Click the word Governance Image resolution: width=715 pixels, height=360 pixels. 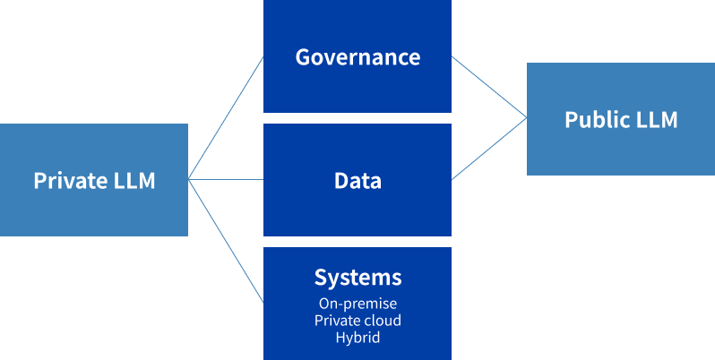[357, 57]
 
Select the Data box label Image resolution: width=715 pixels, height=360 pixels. [357, 181]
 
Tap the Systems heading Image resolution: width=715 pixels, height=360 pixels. [357, 277]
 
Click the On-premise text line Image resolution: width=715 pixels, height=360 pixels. [357, 304]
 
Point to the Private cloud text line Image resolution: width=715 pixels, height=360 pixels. [357, 321]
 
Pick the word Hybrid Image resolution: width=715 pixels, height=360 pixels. [357, 338]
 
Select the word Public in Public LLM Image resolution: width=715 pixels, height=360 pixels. [591, 119]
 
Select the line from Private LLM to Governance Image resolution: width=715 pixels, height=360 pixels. [226, 118]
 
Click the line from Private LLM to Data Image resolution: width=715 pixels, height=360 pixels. [226, 179]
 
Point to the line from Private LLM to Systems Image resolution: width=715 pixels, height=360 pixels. [226, 241]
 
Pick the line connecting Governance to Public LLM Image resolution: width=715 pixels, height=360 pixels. [489, 87]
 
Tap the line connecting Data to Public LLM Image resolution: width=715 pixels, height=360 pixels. [489, 149]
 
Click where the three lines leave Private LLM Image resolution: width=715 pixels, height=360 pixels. [188, 179]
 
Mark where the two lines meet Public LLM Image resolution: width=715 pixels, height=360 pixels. [527, 118]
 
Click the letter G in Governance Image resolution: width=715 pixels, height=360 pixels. [303, 57]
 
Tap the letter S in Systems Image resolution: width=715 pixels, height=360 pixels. [321, 277]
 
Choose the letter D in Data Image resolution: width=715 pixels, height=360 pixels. [341, 181]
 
